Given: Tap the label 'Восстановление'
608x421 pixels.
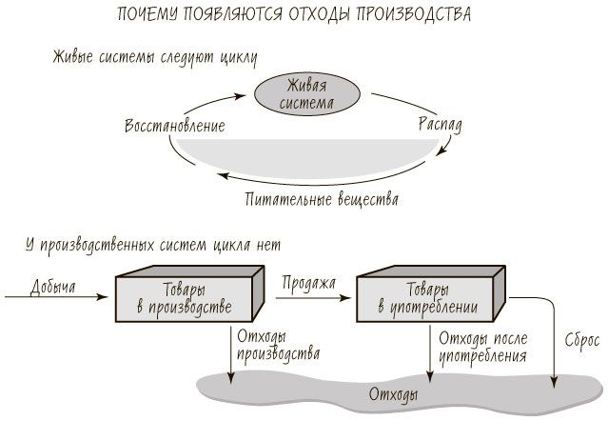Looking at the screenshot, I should point(175,126).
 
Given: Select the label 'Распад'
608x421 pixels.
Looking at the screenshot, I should point(440,125).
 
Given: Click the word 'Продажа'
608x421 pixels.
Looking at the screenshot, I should point(309,283).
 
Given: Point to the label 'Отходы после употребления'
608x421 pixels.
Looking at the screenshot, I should point(482,347).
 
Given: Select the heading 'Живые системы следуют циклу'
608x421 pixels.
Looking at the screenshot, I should point(154,56).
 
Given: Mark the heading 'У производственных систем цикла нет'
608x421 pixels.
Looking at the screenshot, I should point(153,245).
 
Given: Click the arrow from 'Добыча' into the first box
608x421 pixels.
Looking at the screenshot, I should point(57,298).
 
